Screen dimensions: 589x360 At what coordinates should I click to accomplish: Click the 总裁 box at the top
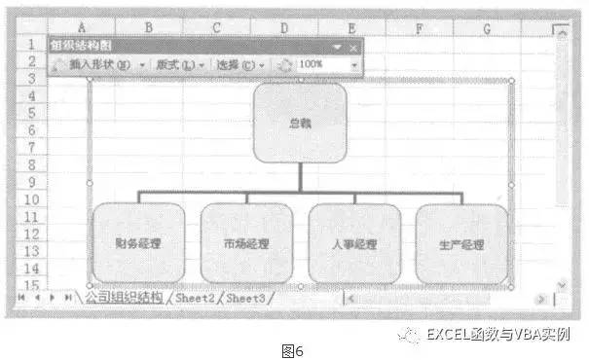[301, 124]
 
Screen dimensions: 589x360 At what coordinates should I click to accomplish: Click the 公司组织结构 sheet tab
[125, 297]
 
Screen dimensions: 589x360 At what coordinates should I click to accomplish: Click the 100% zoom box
[321, 64]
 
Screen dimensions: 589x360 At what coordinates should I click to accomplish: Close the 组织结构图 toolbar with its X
[351, 46]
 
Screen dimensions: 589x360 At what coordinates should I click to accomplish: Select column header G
[488, 29]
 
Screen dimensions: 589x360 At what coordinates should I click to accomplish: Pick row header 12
[31, 233]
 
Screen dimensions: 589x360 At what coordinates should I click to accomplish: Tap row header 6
[31, 130]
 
